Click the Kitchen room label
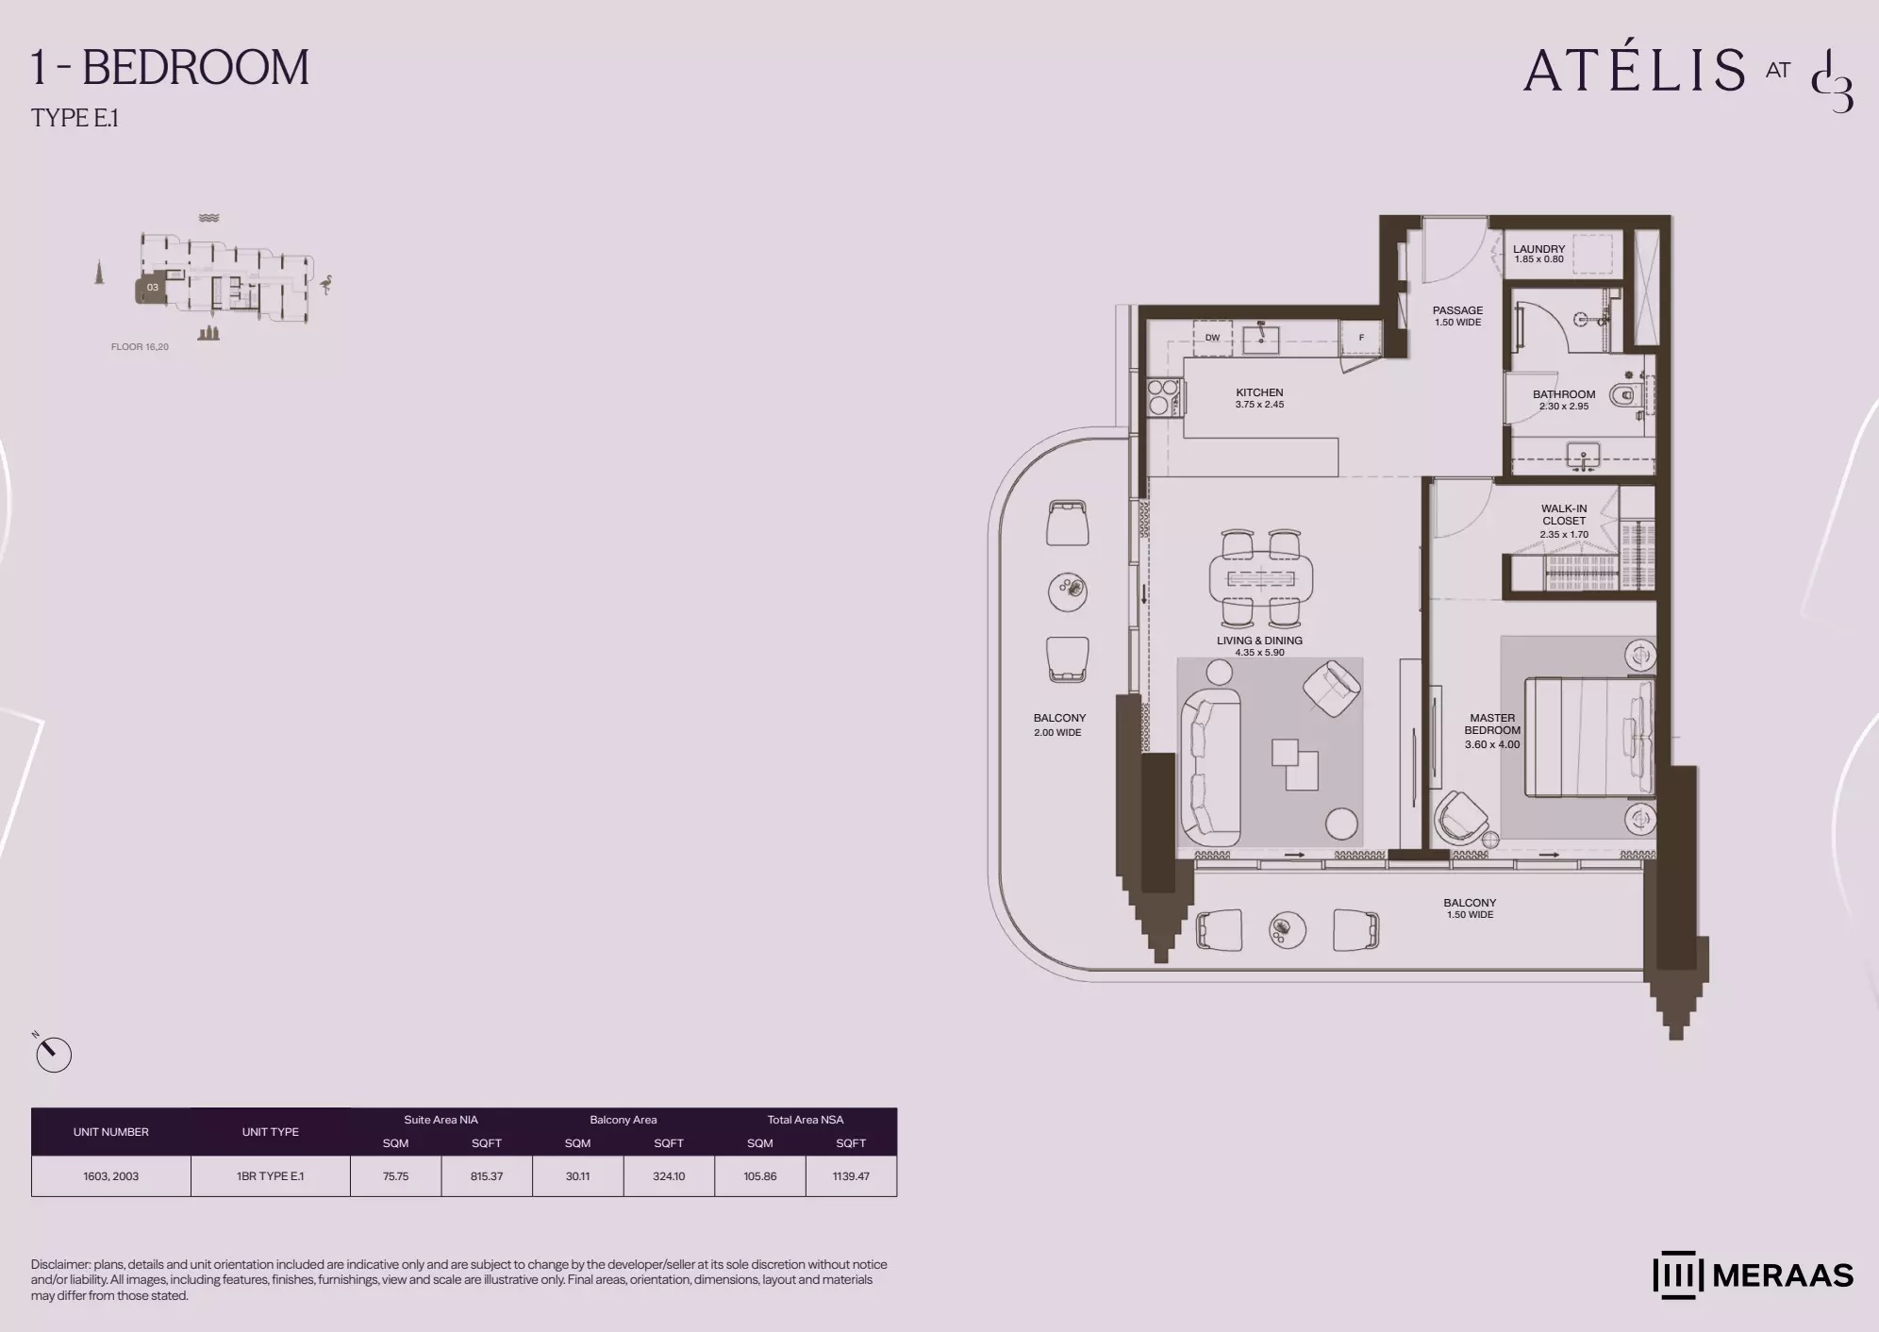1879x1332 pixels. point(1259,392)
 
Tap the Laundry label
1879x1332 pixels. point(1538,249)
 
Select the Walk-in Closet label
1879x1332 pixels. point(1564,515)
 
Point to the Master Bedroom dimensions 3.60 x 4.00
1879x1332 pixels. point(1492,744)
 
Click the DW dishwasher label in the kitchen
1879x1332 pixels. point(1212,338)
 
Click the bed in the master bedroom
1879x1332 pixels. point(1589,737)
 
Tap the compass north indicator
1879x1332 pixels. point(53,1054)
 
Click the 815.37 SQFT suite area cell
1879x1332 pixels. point(487,1176)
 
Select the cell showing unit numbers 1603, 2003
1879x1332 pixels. point(111,1176)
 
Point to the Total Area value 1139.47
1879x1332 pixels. point(851,1176)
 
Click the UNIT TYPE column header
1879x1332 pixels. point(271,1132)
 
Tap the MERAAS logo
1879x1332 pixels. point(1753,1275)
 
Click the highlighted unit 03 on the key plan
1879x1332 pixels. point(151,289)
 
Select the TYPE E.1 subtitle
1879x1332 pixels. point(75,118)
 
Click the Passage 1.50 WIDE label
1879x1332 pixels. point(1457,316)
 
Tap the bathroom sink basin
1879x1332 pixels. point(1583,457)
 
